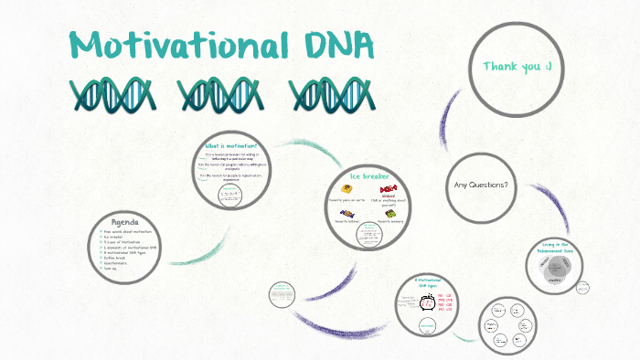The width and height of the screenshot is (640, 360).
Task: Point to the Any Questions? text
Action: [x=481, y=185]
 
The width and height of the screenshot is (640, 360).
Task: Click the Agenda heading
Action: [x=124, y=223]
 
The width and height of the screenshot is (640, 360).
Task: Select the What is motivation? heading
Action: [x=232, y=146]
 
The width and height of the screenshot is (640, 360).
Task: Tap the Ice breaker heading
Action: [x=370, y=175]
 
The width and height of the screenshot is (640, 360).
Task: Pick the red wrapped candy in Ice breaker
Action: [x=389, y=188]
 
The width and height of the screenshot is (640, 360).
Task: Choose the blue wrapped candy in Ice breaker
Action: [x=347, y=213]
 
